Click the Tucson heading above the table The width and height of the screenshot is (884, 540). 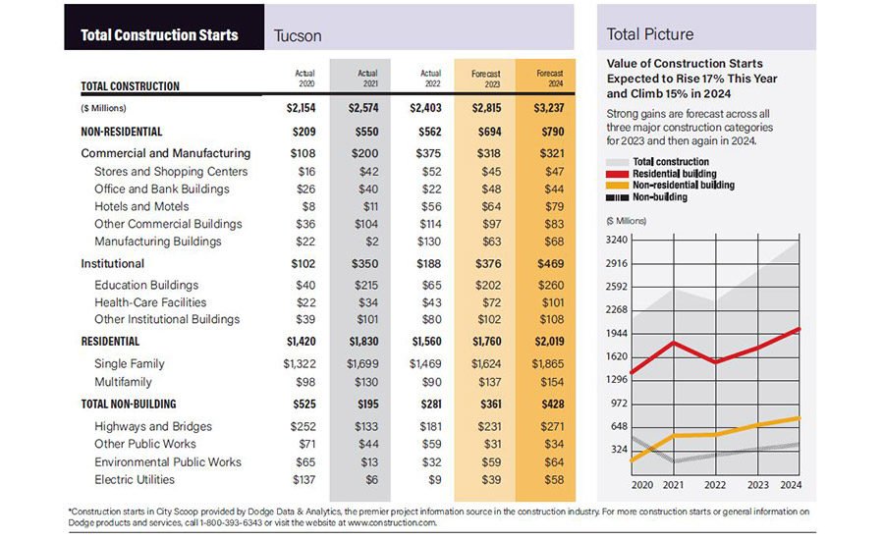(x=298, y=35)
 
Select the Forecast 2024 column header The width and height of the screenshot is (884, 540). (x=549, y=78)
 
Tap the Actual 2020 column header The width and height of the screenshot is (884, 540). (x=304, y=78)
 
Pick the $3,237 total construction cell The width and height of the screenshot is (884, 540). (x=549, y=107)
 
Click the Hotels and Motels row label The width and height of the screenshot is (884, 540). (x=141, y=206)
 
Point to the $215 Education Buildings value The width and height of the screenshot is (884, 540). (x=368, y=285)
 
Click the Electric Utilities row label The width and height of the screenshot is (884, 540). (x=135, y=479)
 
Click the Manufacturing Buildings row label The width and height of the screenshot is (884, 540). (x=158, y=242)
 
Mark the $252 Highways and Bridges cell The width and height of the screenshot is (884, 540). (x=304, y=426)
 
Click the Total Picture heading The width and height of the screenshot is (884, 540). (x=649, y=34)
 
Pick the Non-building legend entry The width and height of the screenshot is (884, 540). (x=668, y=196)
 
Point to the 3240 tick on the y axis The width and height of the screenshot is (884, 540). (x=616, y=240)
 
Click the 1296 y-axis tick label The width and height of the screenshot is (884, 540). (x=616, y=379)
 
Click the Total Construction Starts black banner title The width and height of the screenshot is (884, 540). (x=159, y=35)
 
